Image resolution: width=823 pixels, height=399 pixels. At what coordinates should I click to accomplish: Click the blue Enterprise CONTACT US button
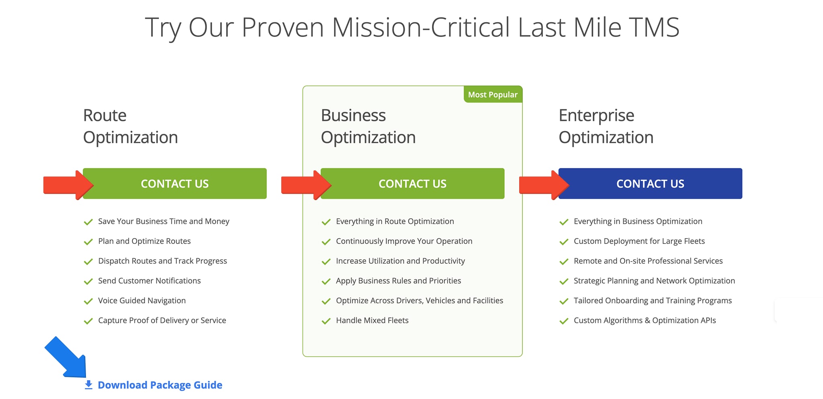(x=650, y=184)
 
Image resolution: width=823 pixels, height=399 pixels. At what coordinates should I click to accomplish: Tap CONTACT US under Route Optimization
(x=175, y=184)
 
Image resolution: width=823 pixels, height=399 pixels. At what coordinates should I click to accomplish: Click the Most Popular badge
(x=493, y=95)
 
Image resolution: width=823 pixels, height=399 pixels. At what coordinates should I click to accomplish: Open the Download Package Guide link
(x=160, y=385)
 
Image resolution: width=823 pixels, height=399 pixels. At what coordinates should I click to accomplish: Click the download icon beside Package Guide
(x=88, y=385)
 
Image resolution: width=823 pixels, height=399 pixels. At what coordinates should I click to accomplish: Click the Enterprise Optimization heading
(x=606, y=126)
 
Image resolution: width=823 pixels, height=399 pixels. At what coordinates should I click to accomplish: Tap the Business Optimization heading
(x=368, y=126)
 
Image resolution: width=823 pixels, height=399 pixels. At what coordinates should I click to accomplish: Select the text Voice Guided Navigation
(x=142, y=301)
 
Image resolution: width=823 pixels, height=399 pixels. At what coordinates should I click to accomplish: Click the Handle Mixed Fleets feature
(x=372, y=320)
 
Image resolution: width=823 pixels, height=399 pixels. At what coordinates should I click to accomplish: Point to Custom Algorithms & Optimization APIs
(x=645, y=320)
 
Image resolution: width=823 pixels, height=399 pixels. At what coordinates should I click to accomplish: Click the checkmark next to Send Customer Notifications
(x=88, y=281)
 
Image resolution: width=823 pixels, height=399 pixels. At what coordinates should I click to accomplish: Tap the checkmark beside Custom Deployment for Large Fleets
(x=564, y=241)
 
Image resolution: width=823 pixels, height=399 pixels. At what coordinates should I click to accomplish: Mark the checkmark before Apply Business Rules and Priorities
(x=326, y=281)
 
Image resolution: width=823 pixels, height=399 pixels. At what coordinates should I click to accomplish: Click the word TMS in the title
(x=654, y=27)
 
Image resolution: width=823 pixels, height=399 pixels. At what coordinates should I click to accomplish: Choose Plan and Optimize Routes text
(x=144, y=241)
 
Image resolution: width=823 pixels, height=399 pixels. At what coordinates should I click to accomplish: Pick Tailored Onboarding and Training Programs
(x=653, y=301)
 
